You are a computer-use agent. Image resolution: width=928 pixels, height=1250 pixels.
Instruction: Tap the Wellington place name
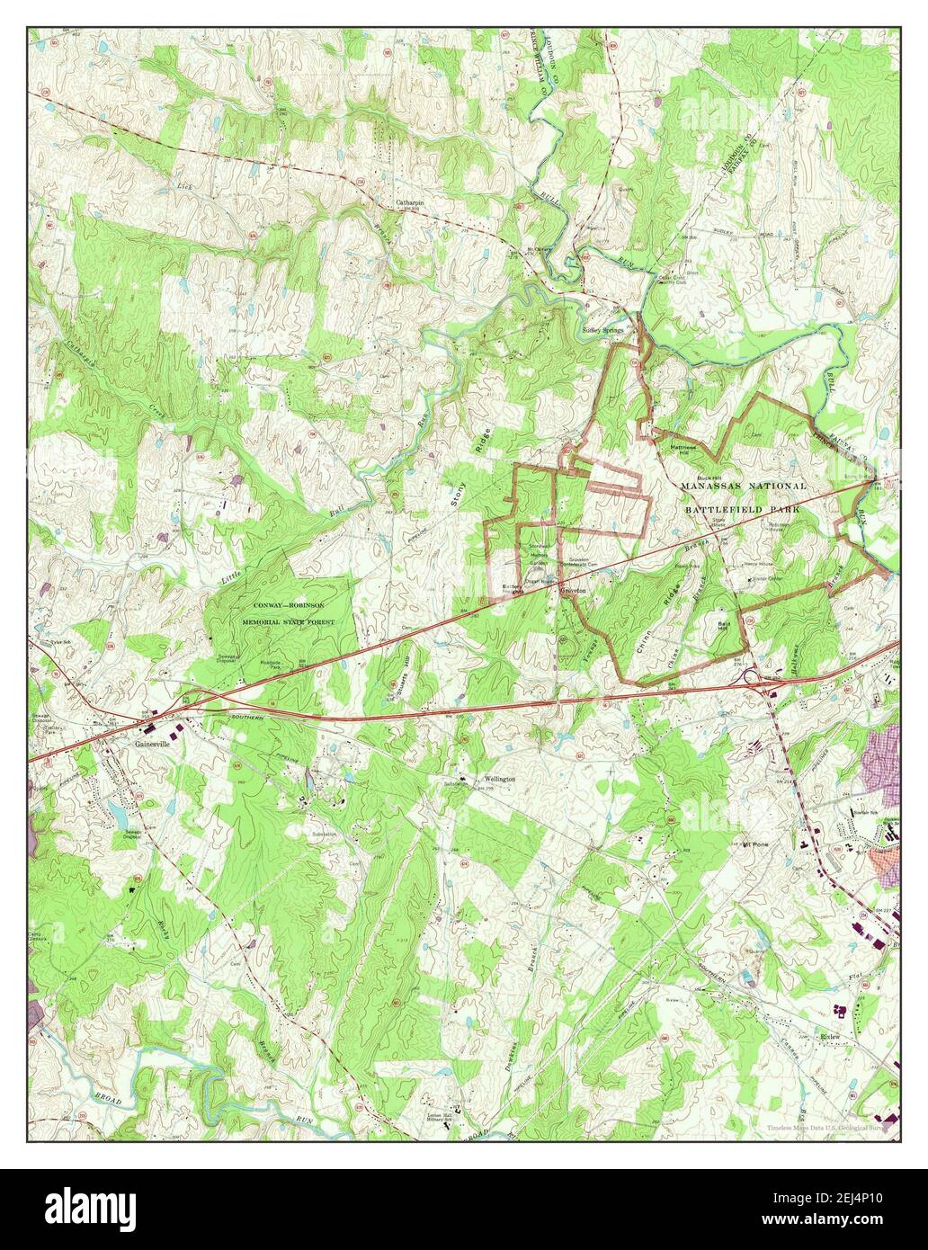[499, 778]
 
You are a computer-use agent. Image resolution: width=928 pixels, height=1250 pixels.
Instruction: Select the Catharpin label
[409, 203]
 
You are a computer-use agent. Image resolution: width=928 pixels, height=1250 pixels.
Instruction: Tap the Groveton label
[573, 591]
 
